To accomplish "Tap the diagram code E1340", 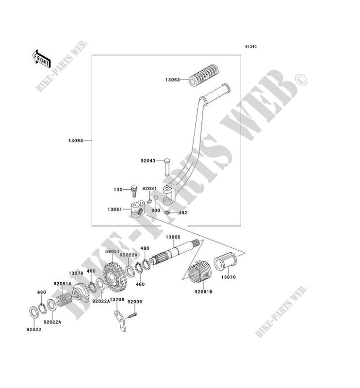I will click(250, 47).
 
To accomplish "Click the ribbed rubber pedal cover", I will click(203, 78).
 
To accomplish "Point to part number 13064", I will click(76, 141).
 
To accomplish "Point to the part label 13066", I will click(173, 237).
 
